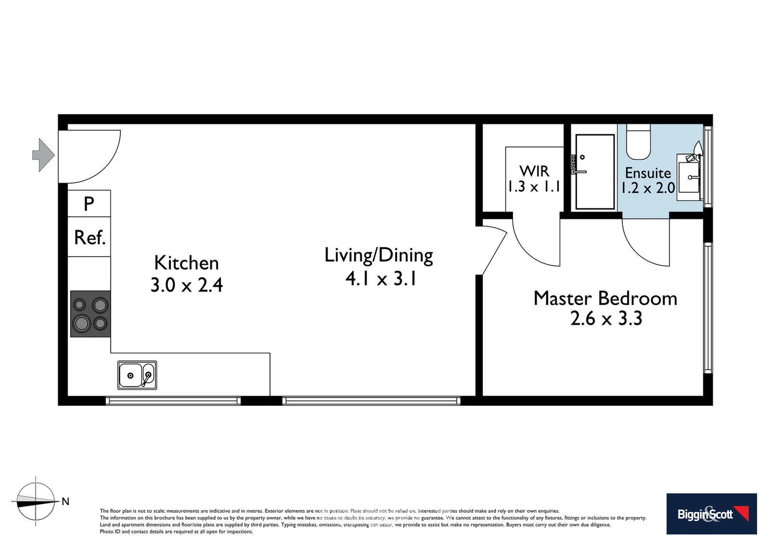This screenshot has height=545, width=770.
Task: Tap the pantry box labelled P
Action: [89, 203]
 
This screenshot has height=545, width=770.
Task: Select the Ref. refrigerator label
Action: [90, 237]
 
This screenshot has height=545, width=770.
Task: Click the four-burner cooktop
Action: [90, 313]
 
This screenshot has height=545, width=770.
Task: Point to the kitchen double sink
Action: [137, 375]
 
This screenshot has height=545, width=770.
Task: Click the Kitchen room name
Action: [186, 263]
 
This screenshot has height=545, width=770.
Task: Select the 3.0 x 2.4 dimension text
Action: [186, 285]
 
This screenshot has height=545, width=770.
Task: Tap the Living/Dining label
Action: [378, 255]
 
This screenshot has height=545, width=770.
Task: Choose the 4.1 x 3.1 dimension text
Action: [381, 279]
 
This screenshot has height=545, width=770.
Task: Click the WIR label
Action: [534, 171]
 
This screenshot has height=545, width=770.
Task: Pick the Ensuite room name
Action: [648, 173]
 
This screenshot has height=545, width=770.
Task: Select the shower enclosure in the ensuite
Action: [595, 172]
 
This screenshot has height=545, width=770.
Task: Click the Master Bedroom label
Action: [605, 298]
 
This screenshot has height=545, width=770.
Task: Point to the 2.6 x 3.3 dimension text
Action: [606, 319]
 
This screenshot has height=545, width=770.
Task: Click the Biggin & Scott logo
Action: [711, 514]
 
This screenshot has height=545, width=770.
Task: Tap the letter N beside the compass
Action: [66, 502]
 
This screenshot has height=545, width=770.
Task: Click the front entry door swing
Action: [89, 156]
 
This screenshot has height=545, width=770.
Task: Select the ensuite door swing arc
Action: [646, 242]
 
